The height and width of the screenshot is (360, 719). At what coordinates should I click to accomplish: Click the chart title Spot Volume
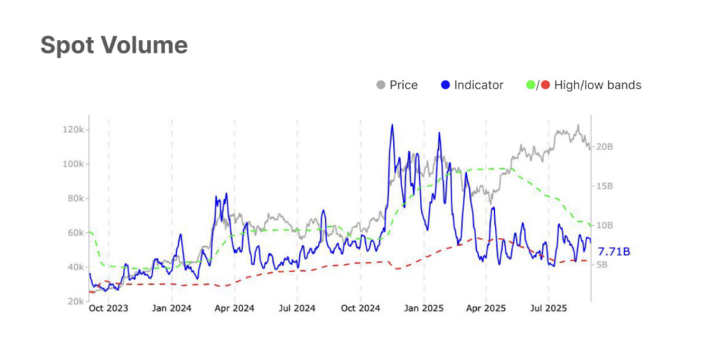click(x=114, y=46)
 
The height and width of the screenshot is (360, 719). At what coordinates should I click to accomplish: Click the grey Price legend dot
click(x=381, y=85)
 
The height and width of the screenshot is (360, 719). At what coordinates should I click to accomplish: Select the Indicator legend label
click(x=479, y=85)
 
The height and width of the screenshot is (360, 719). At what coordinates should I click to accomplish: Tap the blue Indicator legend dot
click(x=445, y=85)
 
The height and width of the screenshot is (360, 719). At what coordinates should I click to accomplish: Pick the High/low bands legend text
click(x=598, y=85)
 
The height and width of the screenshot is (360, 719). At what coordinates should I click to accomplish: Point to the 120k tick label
click(x=73, y=130)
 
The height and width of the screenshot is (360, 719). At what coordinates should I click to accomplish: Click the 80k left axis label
click(x=75, y=199)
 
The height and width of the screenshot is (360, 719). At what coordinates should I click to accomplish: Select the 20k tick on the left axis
click(x=75, y=301)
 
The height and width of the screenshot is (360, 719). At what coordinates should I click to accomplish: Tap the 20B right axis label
click(x=605, y=147)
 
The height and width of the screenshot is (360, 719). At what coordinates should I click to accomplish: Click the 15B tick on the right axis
click(x=605, y=186)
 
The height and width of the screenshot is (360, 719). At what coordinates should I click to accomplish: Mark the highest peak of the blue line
click(x=392, y=125)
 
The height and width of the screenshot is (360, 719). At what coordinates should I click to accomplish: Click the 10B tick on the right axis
click(x=605, y=225)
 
